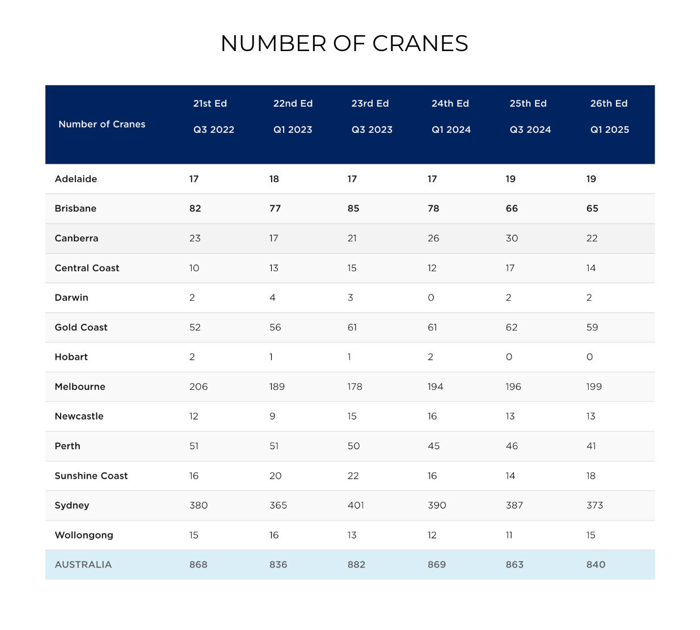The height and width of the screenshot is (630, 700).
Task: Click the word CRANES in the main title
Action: (x=420, y=44)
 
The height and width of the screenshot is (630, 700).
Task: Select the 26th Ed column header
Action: (x=609, y=103)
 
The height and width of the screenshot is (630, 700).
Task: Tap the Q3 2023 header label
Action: (x=372, y=129)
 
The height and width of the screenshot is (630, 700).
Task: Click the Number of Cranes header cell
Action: (x=102, y=124)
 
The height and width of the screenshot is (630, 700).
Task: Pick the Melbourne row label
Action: (x=80, y=387)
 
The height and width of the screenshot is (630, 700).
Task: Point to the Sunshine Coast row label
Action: (x=91, y=476)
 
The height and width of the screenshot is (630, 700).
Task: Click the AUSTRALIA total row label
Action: (x=83, y=565)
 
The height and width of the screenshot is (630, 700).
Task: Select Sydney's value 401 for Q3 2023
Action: (x=356, y=505)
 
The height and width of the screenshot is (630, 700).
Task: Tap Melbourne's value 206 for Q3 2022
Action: (x=198, y=387)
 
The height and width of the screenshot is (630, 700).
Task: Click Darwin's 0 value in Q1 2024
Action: (x=431, y=297)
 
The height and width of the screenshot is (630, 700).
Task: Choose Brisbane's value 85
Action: (x=353, y=208)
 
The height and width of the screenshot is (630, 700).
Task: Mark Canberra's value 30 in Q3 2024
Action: (x=512, y=238)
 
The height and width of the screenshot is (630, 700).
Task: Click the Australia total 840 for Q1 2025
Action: (x=596, y=565)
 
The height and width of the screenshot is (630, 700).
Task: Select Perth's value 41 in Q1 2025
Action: (x=591, y=446)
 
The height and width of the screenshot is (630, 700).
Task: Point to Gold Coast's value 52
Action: (x=195, y=327)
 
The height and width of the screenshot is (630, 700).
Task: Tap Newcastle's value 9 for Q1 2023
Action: (x=272, y=416)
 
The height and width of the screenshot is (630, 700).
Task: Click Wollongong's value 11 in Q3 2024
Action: (x=509, y=535)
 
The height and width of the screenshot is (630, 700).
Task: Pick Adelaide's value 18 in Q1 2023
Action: (x=274, y=179)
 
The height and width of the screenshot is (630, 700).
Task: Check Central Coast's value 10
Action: (x=194, y=268)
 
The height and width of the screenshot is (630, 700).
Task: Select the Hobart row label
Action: (x=71, y=357)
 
